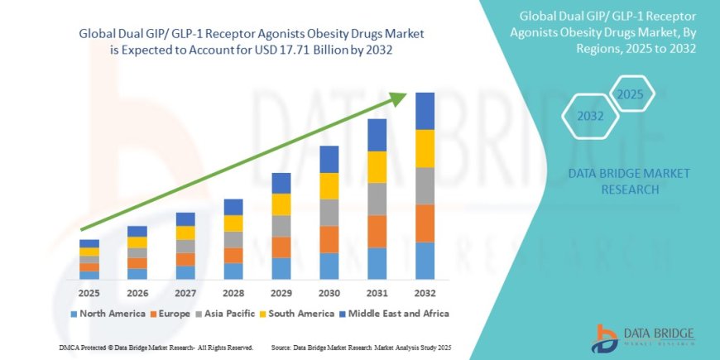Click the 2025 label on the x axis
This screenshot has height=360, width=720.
(x=89, y=293)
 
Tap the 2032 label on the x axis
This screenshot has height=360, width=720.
(x=425, y=293)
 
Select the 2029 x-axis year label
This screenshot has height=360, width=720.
(x=281, y=293)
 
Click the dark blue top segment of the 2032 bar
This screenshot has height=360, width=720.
(x=425, y=111)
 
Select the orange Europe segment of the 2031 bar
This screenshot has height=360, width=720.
(x=377, y=231)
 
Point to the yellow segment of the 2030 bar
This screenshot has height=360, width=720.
(x=329, y=185)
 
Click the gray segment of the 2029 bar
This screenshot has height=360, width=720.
(x=281, y=226)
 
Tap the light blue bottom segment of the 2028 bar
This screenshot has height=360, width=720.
(x=233, y=271)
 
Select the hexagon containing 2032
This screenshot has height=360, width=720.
(x=590, y=117)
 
